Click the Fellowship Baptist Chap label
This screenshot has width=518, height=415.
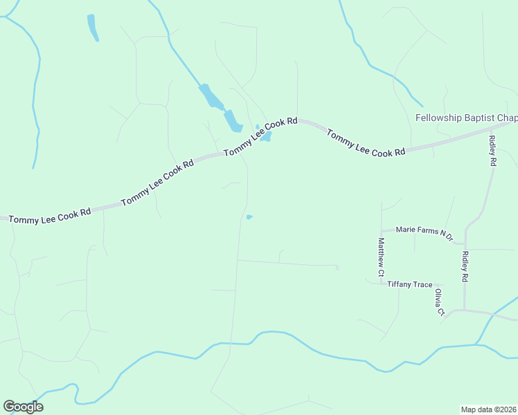[x=465, y=118]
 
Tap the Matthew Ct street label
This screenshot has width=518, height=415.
[x=380, y=258]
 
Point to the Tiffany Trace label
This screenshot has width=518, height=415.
[x=409, y=284]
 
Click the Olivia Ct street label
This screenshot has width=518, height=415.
[x=438, y=302]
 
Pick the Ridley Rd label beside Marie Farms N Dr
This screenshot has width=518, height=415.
[x=465, y=266]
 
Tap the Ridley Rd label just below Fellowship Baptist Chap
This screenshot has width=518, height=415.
[x=492, y=150]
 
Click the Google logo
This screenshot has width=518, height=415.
[x=23, y=407]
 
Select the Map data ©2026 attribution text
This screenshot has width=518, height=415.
[x=488, y=409]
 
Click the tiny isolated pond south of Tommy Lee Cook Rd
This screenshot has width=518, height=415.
[x=249, y=217]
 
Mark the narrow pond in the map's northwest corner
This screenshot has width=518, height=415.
[x=91, y=27]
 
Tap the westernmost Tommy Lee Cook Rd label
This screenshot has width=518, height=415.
[x=50, y=215]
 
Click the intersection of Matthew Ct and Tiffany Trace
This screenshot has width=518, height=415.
[x=381, y=284]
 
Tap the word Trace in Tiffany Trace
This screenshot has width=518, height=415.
[x=421, y=284]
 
